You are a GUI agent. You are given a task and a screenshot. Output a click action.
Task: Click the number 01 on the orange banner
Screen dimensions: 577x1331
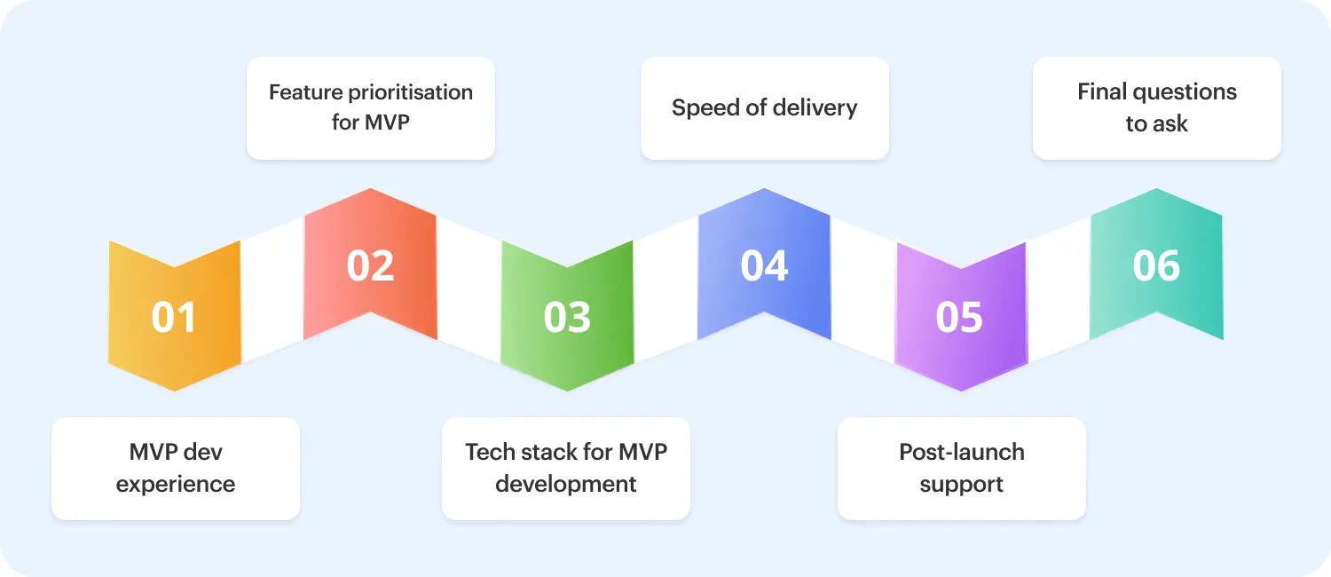point(174,318)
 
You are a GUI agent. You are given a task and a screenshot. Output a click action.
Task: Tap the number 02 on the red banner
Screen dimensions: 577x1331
point(370,265)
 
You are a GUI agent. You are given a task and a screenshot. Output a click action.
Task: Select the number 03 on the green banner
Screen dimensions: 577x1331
point(567,318)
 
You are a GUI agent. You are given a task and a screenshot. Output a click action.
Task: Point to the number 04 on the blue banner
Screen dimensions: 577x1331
point(764,265)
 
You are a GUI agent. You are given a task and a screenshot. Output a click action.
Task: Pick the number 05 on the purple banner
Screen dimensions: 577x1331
point(960,318)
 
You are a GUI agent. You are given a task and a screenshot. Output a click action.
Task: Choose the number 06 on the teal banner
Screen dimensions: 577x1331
point(1156,265)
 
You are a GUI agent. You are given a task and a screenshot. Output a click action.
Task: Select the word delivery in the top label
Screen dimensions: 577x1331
point(814,108)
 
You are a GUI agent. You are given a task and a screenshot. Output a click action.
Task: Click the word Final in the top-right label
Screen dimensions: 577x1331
point(1102,92)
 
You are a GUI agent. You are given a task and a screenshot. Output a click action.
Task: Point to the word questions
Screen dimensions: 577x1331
point(1185,92)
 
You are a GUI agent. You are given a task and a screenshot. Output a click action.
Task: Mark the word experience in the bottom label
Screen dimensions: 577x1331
point(176,485)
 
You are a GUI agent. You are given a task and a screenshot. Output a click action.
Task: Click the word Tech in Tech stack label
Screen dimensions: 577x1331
point(490,452)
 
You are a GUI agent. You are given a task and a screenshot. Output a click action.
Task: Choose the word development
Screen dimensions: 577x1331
point(566,485)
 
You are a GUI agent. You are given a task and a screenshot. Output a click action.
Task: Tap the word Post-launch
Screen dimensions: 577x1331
point(962,452)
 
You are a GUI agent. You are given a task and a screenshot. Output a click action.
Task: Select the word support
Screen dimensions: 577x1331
point(962,485)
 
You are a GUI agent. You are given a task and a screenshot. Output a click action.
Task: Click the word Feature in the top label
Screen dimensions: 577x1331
point(303,92)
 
